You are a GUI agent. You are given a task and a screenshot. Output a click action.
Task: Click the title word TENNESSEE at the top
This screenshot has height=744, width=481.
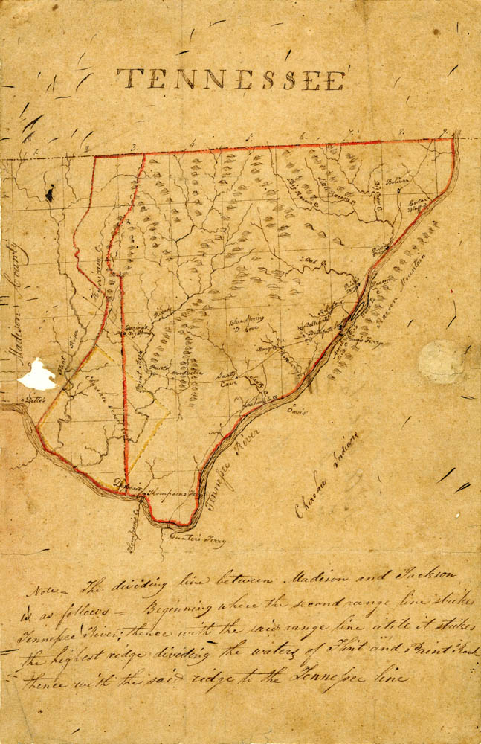tap(231, 78)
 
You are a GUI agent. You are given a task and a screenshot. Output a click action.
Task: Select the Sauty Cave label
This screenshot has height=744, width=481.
tap(226, 379)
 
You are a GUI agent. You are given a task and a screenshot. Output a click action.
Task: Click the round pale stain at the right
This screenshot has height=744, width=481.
tap(441, 362)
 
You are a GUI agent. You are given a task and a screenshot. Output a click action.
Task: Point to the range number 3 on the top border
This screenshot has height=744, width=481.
tap(134, 147)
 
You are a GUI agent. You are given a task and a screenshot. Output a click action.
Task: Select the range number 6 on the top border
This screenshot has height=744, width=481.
tap(303, 136)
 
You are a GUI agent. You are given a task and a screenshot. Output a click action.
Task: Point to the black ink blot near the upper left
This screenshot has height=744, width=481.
tap(50, 195)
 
